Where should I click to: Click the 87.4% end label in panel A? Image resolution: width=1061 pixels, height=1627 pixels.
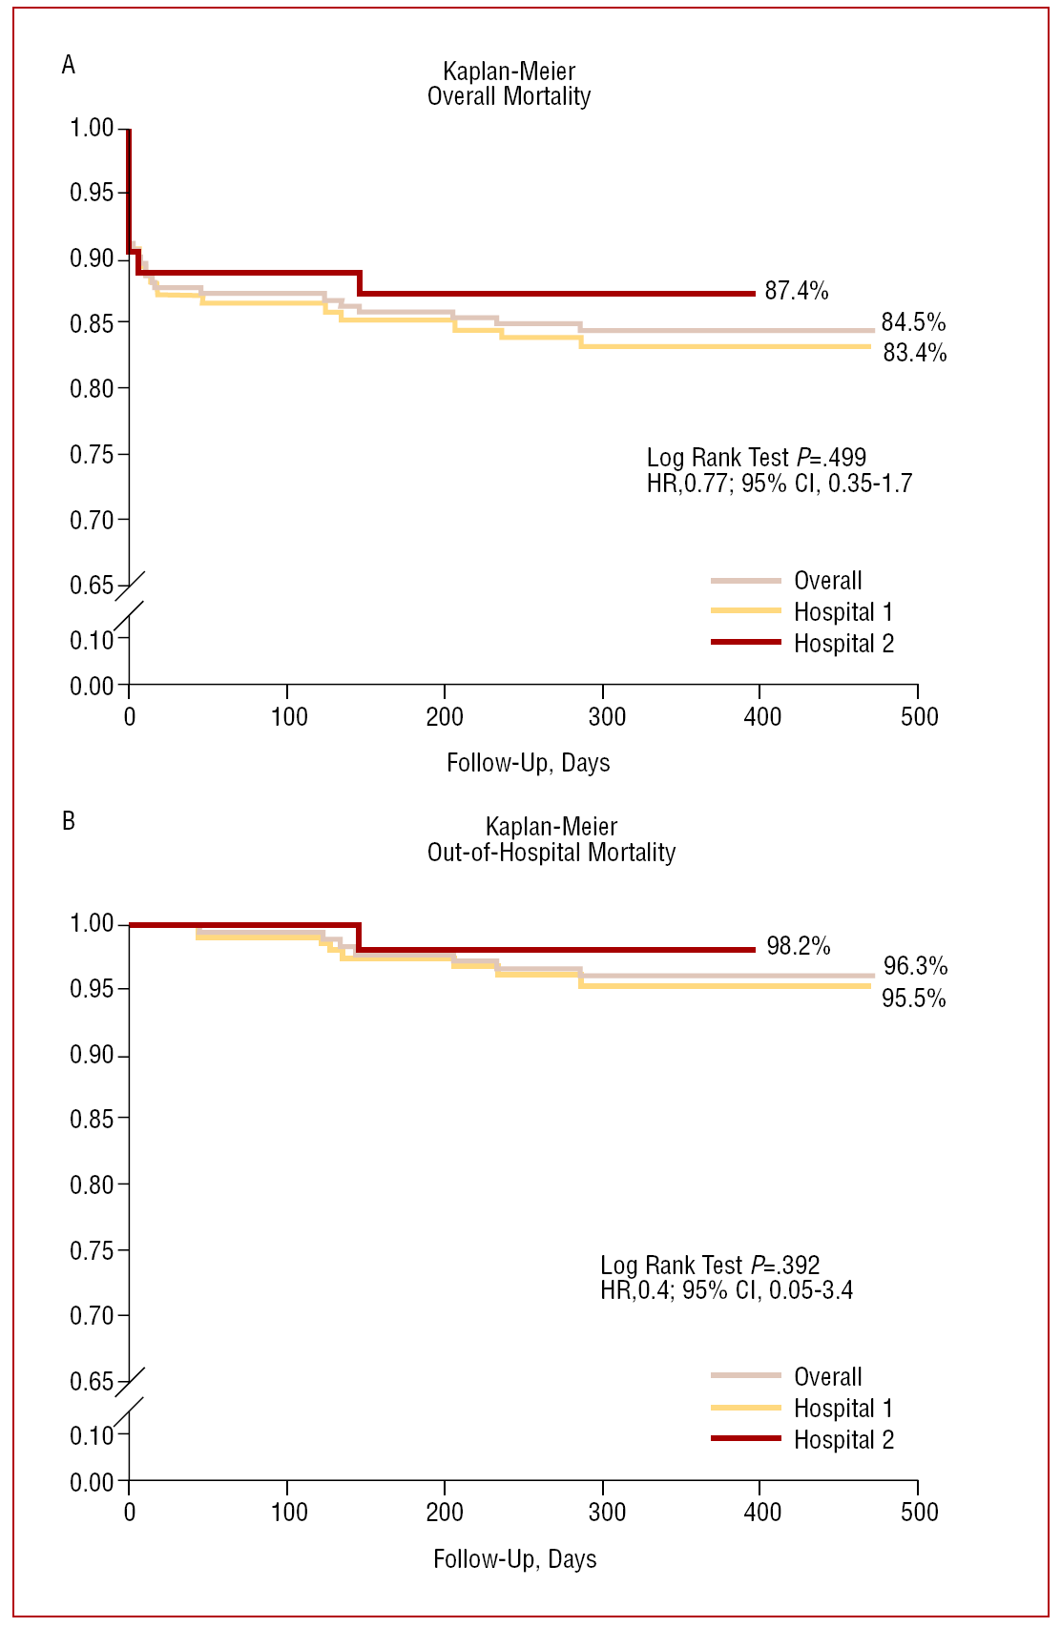click(x=796, y=291)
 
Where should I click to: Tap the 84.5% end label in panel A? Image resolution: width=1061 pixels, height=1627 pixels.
click(x=913, y=322)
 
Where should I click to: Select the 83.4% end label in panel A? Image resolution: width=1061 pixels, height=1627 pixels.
click(x=914, y=353)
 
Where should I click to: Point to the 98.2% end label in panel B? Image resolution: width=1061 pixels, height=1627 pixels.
click(x=798, y=946)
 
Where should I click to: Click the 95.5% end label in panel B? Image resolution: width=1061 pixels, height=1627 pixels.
click(x=913, y=999)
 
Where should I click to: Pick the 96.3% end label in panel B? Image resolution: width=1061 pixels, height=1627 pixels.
click(x=914, y=966)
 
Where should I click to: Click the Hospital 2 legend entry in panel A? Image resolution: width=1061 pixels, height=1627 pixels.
click(x=843, y=644)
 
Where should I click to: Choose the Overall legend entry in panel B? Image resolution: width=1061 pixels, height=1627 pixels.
click(x=827, y=1377)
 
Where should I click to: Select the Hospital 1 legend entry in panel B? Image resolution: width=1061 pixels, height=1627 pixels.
click(x=843, y=1409)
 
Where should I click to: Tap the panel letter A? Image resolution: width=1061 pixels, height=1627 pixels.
click(x=68, y=65)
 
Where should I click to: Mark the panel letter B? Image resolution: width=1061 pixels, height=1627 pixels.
click(x=68, y=821)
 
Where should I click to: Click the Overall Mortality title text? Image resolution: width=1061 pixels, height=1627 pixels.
click(x=509, y=96)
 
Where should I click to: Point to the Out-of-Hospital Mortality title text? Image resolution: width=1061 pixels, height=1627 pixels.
click(x=551, y=853)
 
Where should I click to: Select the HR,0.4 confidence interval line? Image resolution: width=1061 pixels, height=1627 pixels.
click(x=726, y=1290)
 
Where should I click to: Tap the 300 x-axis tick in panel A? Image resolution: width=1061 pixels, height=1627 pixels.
click(x=606, y=717)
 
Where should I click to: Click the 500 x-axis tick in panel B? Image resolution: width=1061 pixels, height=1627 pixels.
click(x=919, y=1513)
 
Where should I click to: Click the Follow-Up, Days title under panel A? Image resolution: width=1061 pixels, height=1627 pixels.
click(x=528, y=763)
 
